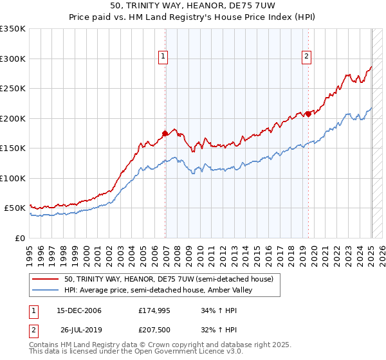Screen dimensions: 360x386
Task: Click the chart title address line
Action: (193, 6)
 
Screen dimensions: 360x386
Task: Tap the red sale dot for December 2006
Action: (165, 134)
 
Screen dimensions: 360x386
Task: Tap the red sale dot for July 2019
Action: (308, 114)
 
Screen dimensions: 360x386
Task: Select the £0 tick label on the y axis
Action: (21, 238)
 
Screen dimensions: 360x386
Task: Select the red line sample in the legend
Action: (46, 279)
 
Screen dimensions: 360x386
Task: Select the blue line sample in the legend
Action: (46, 290)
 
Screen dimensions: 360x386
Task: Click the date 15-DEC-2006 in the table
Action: (79, 311)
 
